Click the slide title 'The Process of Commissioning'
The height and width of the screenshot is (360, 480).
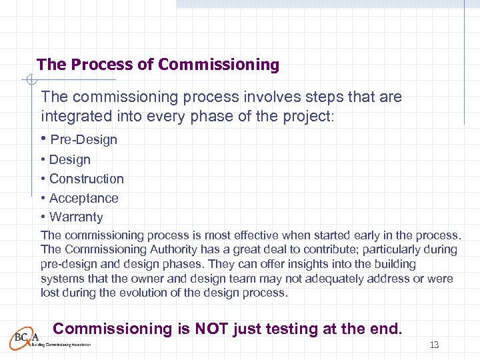pos(158,65)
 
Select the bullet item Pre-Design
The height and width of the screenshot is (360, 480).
pos(83,140)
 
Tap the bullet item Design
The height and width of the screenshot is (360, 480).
pos(69,159)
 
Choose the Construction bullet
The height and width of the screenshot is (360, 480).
pos(86,179)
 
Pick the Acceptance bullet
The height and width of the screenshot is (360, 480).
pos(83,198)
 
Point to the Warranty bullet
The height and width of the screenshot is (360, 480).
pos(76,217)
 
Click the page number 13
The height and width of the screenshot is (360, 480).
pos(435,345)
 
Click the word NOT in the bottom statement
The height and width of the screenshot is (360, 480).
pos(209,329)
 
